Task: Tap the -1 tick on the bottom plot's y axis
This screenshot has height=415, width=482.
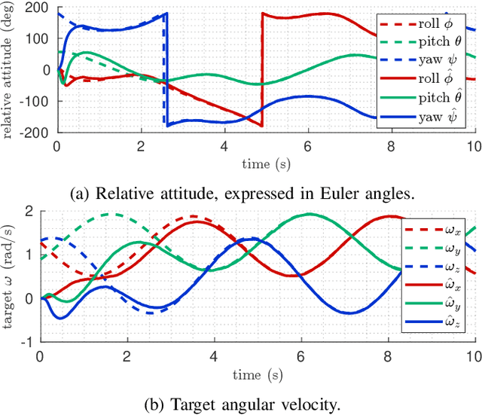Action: (29, 341)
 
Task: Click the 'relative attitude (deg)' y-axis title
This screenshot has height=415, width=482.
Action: (9, 70)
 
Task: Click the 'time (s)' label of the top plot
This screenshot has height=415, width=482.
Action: (265, 161)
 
